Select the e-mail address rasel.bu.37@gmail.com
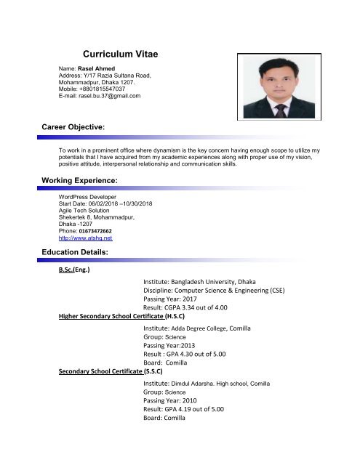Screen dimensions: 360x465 tap(100, 96)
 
